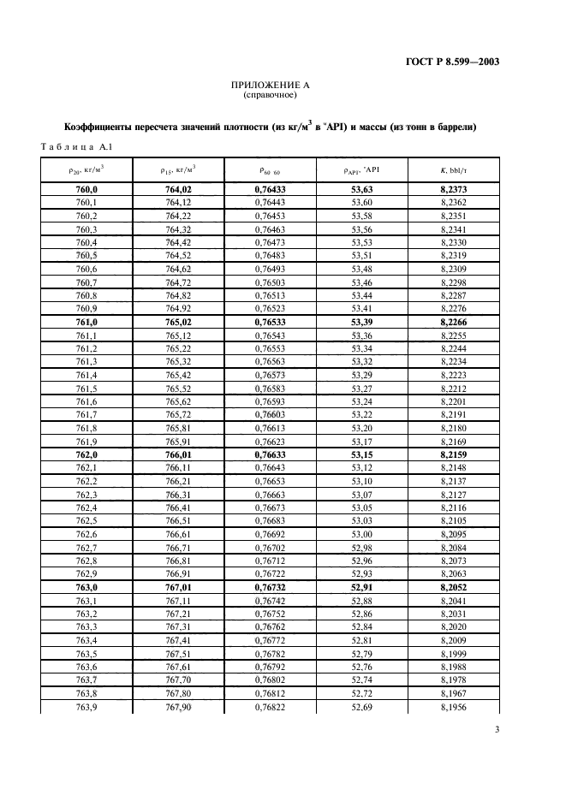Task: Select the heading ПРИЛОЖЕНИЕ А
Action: click(270, 86)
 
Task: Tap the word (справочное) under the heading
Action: click(270, 96)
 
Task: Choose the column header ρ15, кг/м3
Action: click(177, 169)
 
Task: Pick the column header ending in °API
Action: click(361, 169)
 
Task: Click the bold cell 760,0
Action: click(86, 189)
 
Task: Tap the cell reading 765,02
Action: click(177, 322)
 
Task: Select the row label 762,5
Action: click(86, 521)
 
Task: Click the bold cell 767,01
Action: click(177, 588)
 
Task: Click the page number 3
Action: click(497, 730)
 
